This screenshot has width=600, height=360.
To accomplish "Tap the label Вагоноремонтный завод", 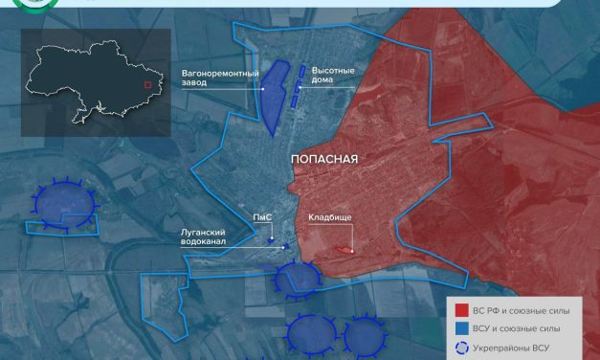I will (x=219, y=77).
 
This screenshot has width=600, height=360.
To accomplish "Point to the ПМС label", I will (x=262, y=218).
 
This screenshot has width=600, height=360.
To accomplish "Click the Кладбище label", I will (x=329, y=218).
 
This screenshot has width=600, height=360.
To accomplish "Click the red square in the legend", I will (x=462, y=309).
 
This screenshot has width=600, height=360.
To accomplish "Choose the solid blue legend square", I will (x=462, y=328).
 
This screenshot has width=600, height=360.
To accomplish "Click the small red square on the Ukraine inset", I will (x=146, y=84).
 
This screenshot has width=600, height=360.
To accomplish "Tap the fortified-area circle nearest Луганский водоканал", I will (x=297, y=279).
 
